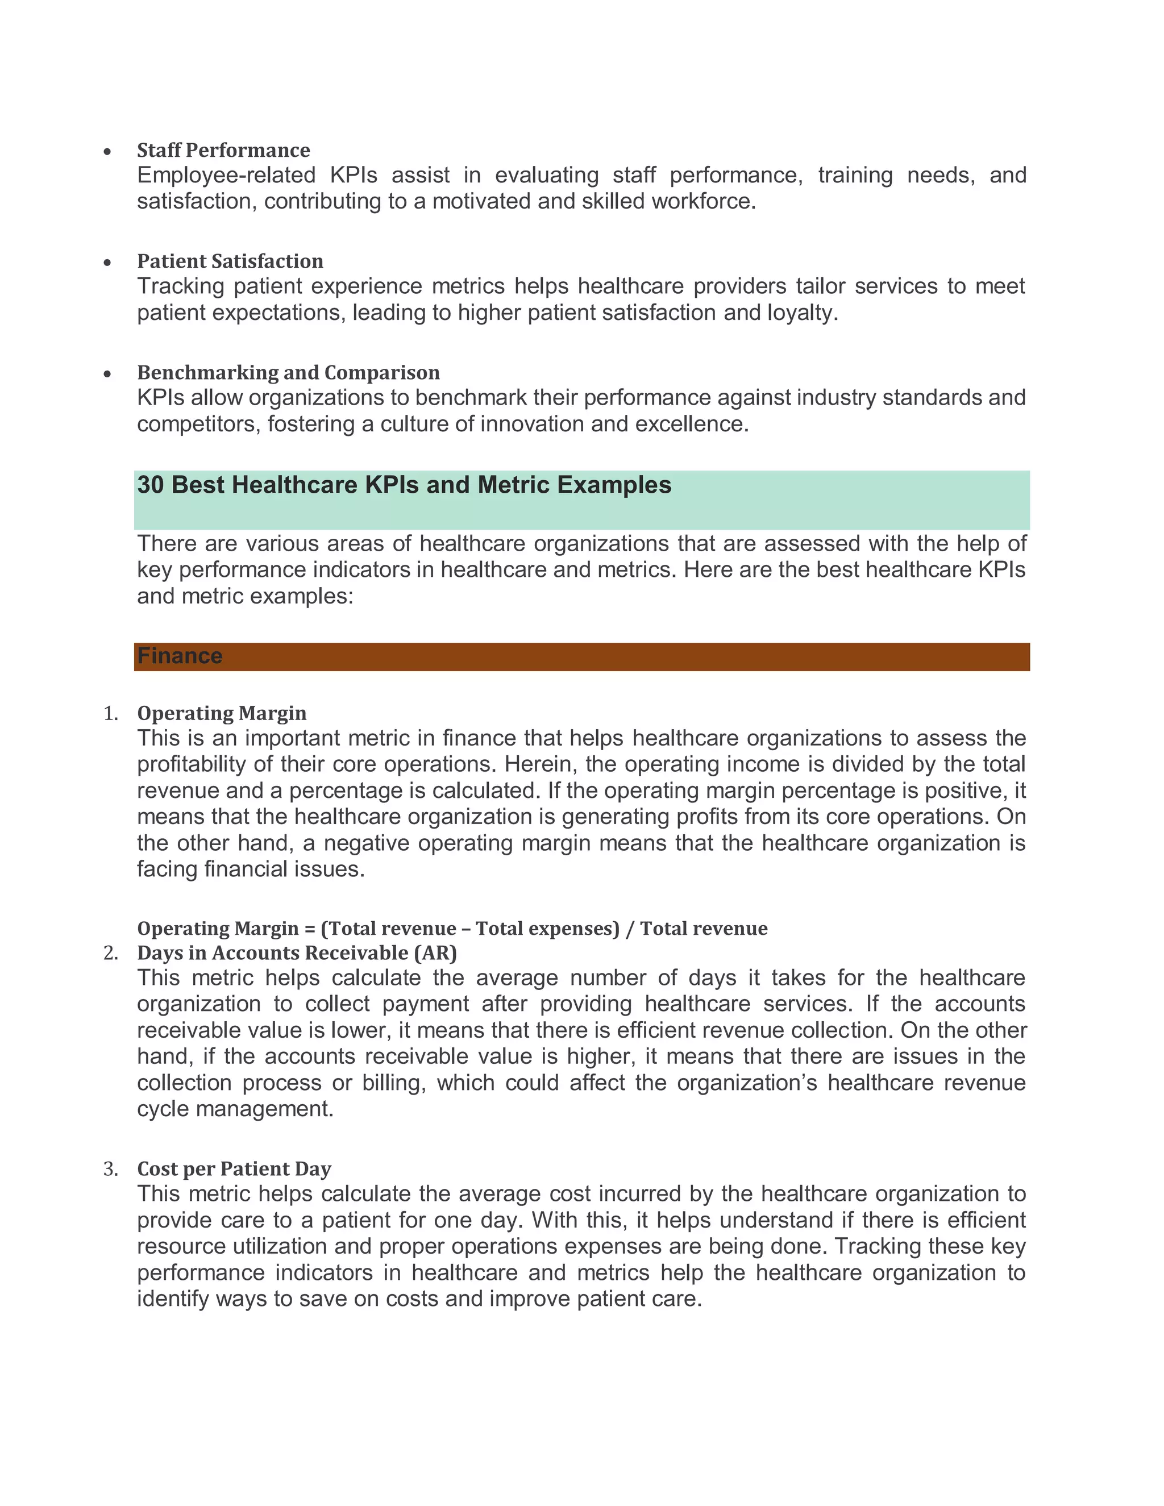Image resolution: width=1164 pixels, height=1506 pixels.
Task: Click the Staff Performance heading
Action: click(223, 151)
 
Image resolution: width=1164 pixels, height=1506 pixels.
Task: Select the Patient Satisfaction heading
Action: click(230, 261)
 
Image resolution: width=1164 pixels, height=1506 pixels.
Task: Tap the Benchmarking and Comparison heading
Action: click(288, 373)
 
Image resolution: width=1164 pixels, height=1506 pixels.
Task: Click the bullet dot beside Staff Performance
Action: click(107, 152)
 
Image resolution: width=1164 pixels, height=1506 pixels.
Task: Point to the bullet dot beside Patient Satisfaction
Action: click(107, 263)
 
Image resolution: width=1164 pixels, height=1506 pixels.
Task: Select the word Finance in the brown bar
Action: click(179, 656)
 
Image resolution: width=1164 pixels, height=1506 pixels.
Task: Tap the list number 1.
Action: click(110, 714)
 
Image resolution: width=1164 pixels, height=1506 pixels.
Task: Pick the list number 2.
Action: click(110, 953)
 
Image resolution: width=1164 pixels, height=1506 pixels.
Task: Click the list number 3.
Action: click(110, 1170)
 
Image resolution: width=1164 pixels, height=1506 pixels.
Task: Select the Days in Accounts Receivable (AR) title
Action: click(297, 953)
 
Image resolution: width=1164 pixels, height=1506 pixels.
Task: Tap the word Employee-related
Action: click(226, 175)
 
